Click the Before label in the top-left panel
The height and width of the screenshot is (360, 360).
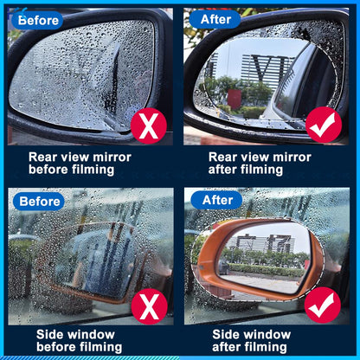point(39,19)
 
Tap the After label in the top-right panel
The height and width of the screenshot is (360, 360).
point(216,19)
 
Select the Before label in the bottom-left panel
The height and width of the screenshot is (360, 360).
point(39,201)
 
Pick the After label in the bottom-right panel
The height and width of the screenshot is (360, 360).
point(216,201)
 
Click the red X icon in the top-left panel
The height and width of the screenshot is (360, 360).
point(149,126)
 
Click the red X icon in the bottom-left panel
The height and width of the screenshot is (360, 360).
point(149,304)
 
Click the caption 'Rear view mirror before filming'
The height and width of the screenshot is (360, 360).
point(80,164)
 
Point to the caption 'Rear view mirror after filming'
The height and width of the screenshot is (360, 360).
point(260,164)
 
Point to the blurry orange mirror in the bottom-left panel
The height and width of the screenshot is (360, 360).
point(91,260)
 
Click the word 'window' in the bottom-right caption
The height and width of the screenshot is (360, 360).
point(267,333)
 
